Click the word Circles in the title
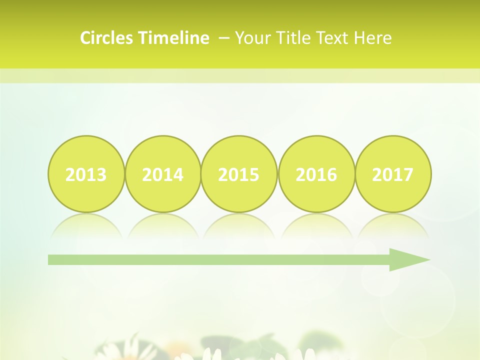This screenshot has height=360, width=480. point(107,38)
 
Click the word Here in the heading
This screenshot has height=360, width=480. point(373,38)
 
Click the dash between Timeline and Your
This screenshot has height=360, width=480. point(224,38)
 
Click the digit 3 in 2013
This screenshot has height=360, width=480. point(101,175)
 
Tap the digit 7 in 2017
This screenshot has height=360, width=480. point(408,175)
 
